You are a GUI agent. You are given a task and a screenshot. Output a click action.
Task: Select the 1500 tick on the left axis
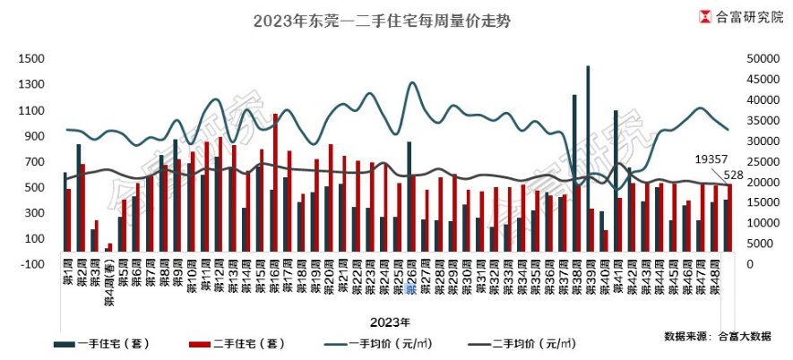click(x=30, y=59)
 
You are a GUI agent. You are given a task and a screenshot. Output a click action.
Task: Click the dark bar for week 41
click(x=616, y=184)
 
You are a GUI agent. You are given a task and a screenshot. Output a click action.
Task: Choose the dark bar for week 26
click(x=409, y=201)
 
